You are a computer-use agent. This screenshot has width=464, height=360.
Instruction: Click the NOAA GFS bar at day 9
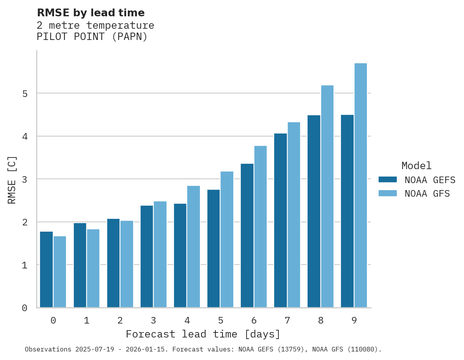pyautogui.click(x=361, y=185)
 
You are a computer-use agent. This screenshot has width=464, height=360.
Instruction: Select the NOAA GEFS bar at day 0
pyautogui.click(x=47, y=270)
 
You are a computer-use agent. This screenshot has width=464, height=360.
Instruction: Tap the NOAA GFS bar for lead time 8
pyautogui.click(x=327, y=196)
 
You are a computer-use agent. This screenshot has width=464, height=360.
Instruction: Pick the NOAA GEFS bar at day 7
pyautogui.click(x=280, y=220)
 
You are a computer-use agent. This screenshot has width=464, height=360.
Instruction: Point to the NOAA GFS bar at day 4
pyautogui.click(x=193, y=247)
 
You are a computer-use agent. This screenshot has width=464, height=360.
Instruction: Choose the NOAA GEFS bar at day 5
pyautogui.click(x=214, y=248)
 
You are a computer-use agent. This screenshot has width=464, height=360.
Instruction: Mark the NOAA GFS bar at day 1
pyautogui.click(x=93, y=268)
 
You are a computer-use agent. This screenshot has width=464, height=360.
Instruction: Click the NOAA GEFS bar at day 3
pyautogui.click(x=147, y=256)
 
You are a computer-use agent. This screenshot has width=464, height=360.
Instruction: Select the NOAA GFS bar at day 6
pyautogui.click(x=261, y=227)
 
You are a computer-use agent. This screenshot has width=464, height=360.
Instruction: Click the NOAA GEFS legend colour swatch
pyautogui.click(x=388, y=180)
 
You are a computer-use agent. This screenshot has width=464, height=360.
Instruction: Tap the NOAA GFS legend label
pyautogui.click(x=427, y=194)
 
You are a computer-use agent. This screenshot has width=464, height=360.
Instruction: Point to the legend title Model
pyautogui.click(x=416, y=166)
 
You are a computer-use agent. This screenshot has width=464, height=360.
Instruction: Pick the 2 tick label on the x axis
pyautogui.click(x=120, y=321)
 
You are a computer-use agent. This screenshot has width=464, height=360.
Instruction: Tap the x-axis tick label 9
pyautogui.click(x=354, y=321)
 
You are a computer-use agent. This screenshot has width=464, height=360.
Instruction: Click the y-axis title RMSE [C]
pyautogui.click(x=12, y=180)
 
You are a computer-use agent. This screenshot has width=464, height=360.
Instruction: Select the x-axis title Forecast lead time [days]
pyautogui.click(x=203, y=334)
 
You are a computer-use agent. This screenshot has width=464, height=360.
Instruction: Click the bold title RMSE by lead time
pyautogui.click(x=91, y=13)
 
